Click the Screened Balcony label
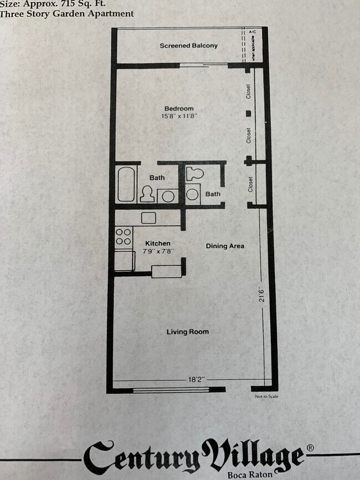(188, 45)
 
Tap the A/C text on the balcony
(253, 33)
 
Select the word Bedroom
(178, 108)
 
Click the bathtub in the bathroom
(126, 184)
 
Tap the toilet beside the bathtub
(147, 194)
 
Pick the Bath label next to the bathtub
(157, 178)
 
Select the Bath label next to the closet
(213, 194)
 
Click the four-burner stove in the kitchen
(124, 236)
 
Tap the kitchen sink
(149, 218)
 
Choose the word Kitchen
(157, 243)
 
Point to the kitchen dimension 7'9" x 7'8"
(158, 251)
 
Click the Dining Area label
(225, 246)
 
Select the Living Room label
(188, 332)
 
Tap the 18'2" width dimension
(196, 379)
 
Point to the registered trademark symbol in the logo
(310, 447)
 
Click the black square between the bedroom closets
(249, 113)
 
